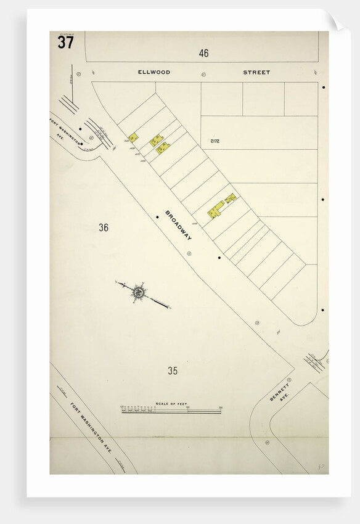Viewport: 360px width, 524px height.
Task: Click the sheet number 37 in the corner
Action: [x=65, y=43]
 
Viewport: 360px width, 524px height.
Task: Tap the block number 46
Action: [x=203, y=53]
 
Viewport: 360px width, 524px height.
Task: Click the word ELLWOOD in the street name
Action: [x=153, y=72]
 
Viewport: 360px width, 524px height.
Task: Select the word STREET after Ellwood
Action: [x=256, y=72]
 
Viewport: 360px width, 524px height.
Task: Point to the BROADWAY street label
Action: [x=179, y=225]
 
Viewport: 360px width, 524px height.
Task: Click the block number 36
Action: [x=104, y=227]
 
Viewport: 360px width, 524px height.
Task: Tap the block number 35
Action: [x=173, y=370]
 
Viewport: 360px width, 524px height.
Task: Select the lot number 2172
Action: [x=215, y=141]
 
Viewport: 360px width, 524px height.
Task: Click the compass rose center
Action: [x=139, y=292]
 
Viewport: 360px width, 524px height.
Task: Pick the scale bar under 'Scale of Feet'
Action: [x=171, y=411]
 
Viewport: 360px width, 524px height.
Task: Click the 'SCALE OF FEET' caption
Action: [x=171, y=404]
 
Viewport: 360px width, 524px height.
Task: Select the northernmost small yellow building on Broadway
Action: [x=133, y=137]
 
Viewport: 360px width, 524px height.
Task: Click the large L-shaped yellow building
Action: [x=216, y=210]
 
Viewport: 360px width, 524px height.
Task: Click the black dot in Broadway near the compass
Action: [x=219, y=257]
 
